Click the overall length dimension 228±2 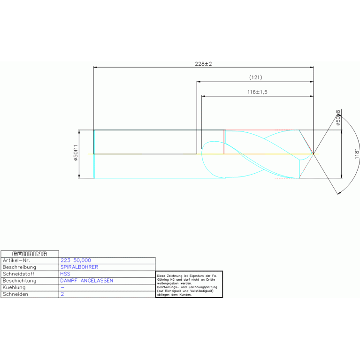[204, 64]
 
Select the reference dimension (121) [255, 77]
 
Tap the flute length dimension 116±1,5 [257, 92]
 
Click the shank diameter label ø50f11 [75, 153]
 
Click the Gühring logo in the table [30, 253]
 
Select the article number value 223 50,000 [76, 260]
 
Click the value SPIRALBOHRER [79, 267]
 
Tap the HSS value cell [65, 274]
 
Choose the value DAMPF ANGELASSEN [87, 281]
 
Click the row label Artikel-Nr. [16, 260]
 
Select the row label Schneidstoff [19, 274]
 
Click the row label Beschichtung [20, 281]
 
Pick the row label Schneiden [15, 294]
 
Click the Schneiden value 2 [62, 294]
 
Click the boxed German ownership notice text [189, 284]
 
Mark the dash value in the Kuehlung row [62, 287]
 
